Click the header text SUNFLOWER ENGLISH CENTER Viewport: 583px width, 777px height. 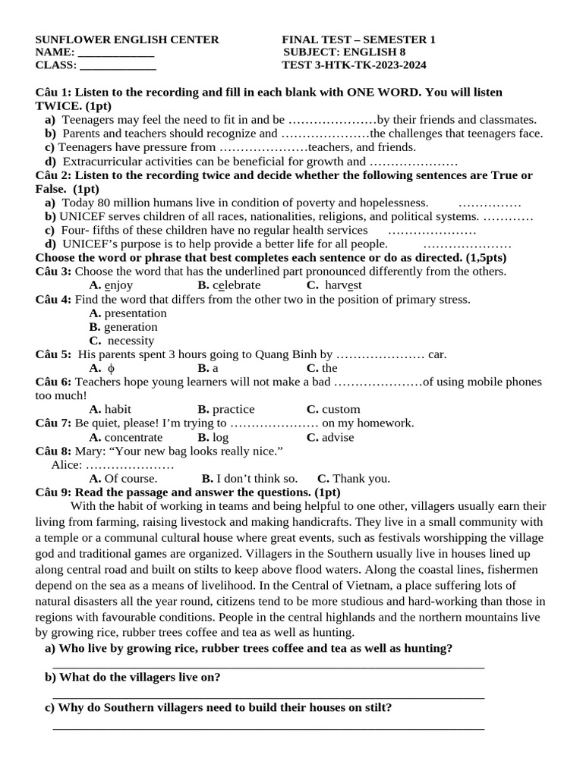[127, 39]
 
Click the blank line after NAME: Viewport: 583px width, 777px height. [116, 52]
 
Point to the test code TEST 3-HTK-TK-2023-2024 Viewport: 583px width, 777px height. [354, 65]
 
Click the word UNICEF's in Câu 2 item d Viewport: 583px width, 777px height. [88, 244]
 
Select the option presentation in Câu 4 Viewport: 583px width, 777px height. [135, 313]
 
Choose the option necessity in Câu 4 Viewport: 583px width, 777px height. [131, 341]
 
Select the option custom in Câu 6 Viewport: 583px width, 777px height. [341, 409]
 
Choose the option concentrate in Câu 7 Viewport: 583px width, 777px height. [133, 437]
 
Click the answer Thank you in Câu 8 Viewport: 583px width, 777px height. [361, 478]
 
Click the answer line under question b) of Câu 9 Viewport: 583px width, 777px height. [268, 696]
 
